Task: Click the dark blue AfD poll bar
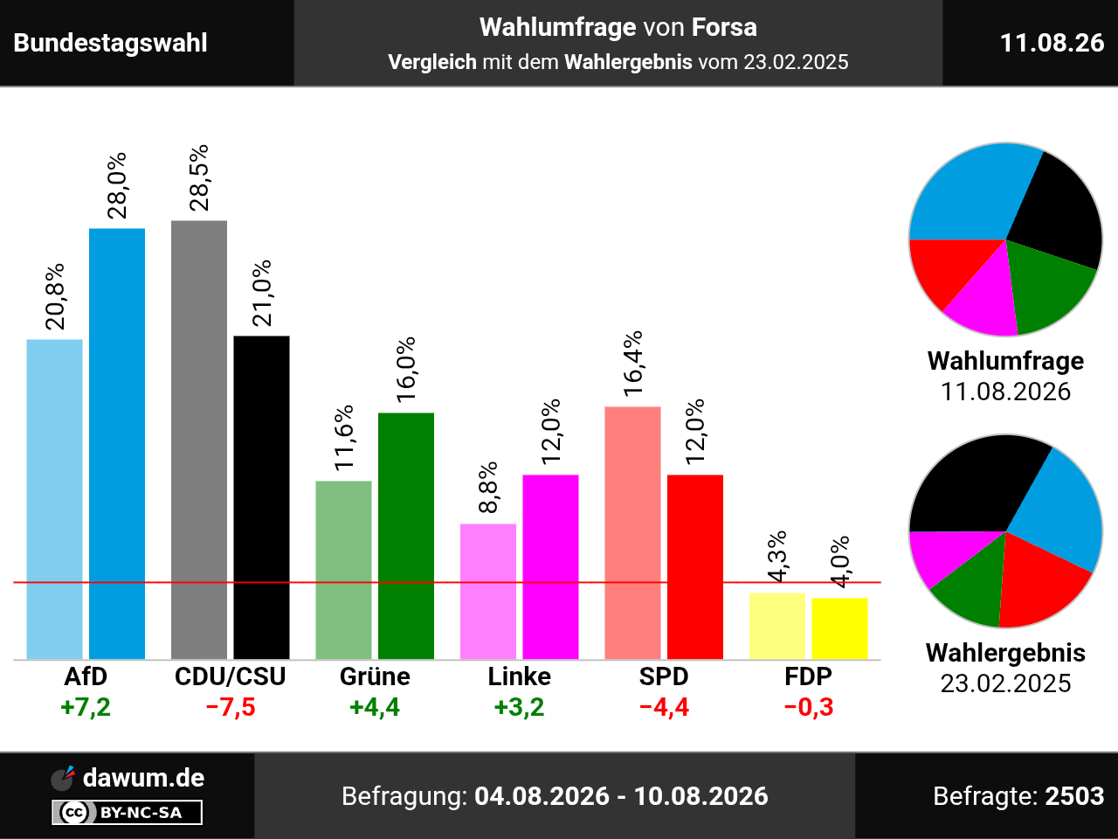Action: point(117,444)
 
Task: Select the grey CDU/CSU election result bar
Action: point(199,440)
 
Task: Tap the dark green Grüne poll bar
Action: point(406,536)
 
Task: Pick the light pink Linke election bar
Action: point(488,592)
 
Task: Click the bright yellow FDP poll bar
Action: point(839,628)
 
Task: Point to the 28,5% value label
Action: point(199,177)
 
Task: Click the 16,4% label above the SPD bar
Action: point(633,364)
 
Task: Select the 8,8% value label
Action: point(488,488)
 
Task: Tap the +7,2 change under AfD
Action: point(86,707)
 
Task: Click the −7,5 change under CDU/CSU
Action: point(231,707)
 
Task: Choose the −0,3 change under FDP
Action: point(808,707)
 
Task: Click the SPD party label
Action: point(664,676)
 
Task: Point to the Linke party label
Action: point(519,676)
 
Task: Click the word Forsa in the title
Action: point(724,27)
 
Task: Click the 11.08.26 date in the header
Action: point(1052,43)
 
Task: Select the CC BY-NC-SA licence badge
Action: point(127,812)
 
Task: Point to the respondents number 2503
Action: point(1074,795)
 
